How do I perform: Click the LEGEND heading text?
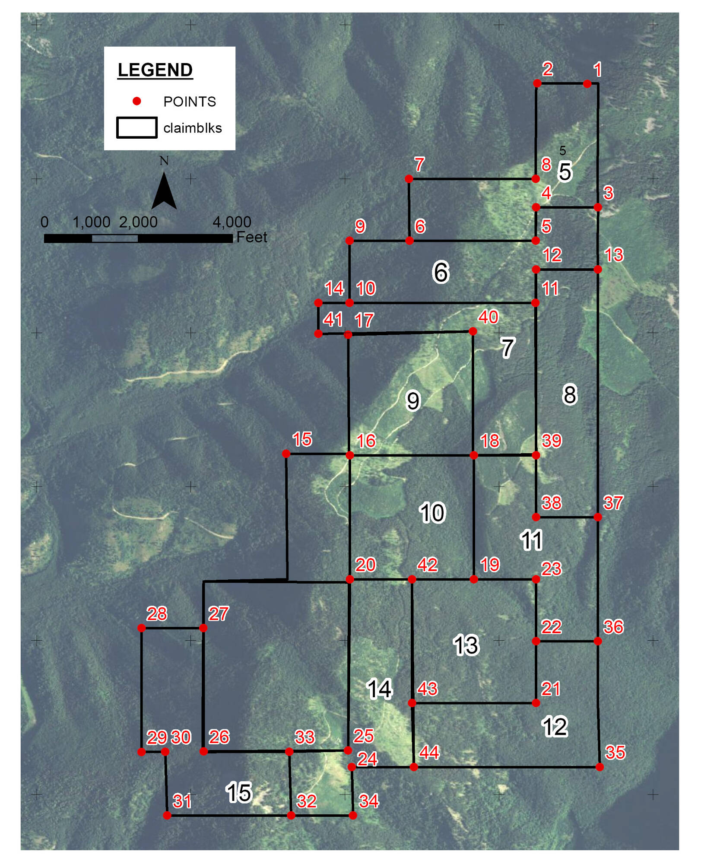[155, 70]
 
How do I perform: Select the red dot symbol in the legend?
[136, 101]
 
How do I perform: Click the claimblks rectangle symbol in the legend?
[136, 127]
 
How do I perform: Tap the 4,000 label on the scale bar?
[232, 222]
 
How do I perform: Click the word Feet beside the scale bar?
[252, 237]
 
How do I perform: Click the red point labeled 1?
[587, 84]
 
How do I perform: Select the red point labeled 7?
[409, 178]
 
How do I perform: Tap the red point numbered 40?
[473, 331]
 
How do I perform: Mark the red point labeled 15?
[286, 454]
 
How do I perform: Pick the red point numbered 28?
[141, 628]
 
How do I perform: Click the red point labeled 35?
[599, 767]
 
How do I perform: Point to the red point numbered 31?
[167, 815]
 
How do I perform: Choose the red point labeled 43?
[412, 703]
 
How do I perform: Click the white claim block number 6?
[441, 272]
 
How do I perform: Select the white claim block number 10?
[432, 513]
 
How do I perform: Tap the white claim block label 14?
[379, 689]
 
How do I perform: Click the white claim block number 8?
[570, 394]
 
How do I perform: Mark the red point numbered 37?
[598, 517]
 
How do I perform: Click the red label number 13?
[614, 255]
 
